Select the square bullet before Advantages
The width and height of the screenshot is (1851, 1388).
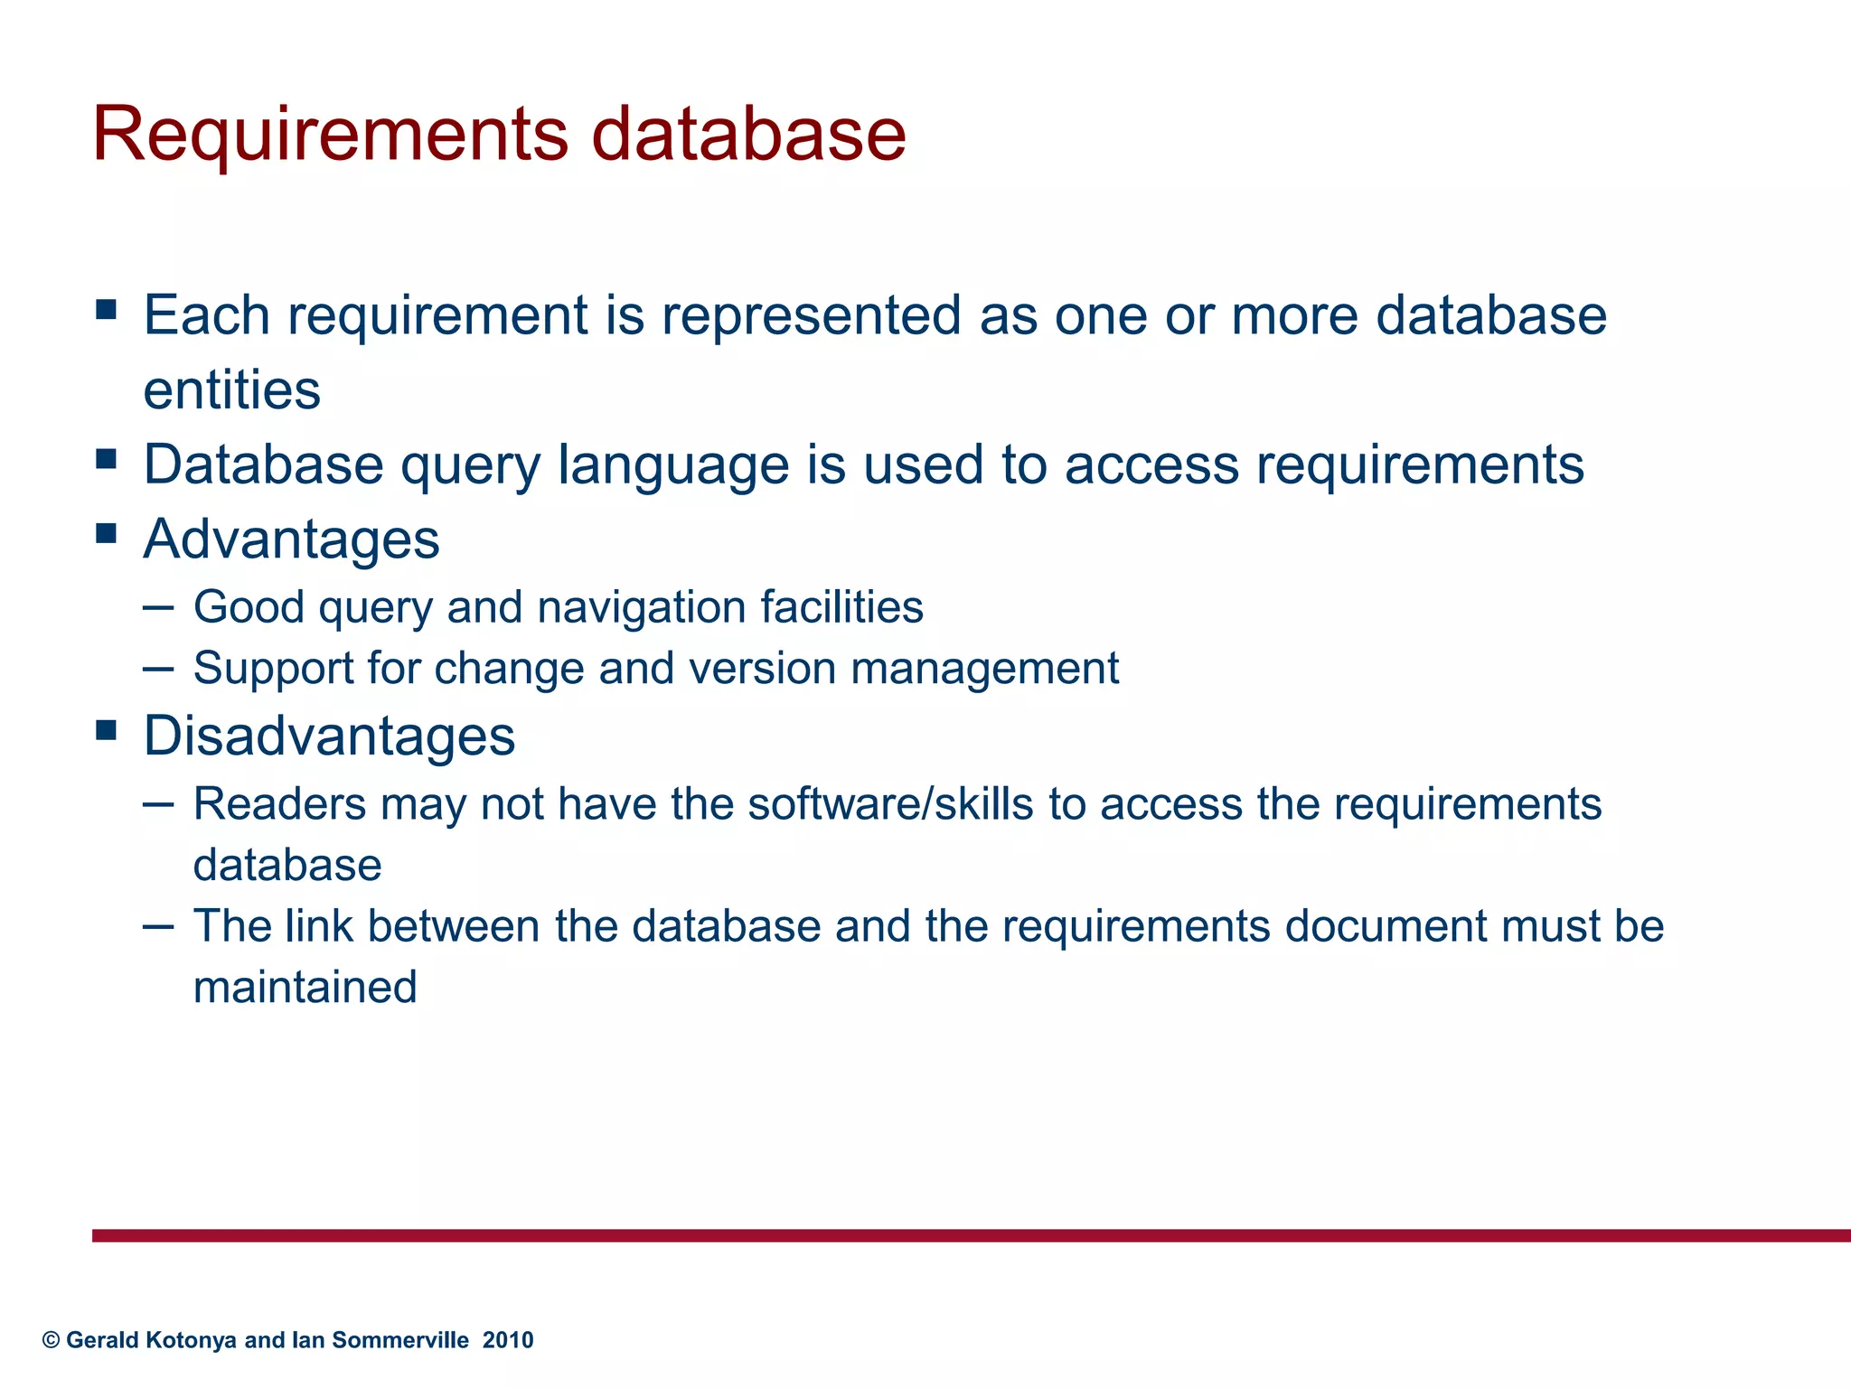pyautogui.click(x=106, y=533)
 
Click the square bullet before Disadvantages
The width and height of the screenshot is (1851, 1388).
pyautogui.click(x=106, y=729)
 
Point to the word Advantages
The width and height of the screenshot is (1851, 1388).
pyautogui.click(x=291, y=539)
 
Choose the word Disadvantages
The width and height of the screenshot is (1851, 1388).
pyautogui.click(x=329, y=736)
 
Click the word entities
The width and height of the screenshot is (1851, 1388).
pyautogui.click(x=231, y=390)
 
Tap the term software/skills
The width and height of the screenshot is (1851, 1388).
pyautogui.click(x=890, y=803)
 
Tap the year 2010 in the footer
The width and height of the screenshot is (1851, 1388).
pyautogui.click(x=508, y=1340)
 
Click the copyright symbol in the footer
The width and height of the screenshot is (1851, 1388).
pyautogui.click(x=51, y=1340)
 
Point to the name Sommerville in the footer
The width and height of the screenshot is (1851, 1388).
pyautogui.click(x=400, y=1340)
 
